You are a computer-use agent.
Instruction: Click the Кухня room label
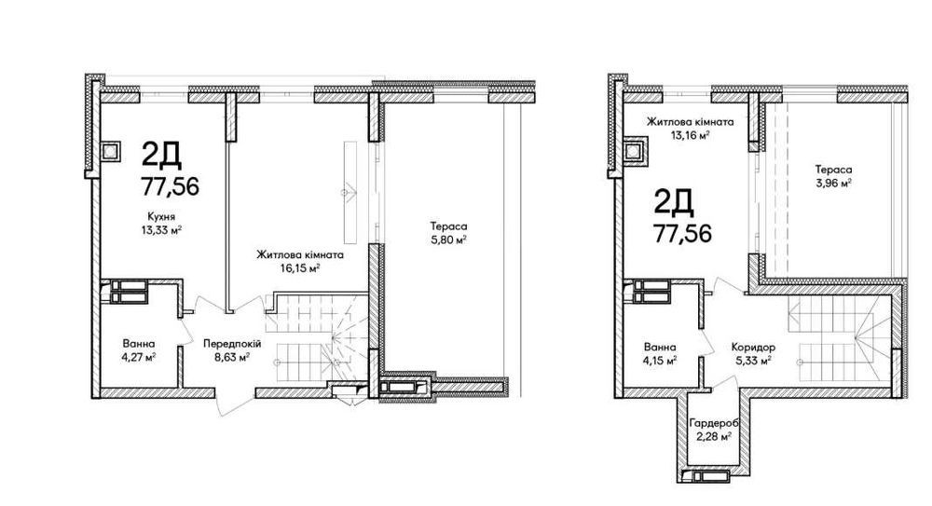pyautogui.click(x=161, y=216)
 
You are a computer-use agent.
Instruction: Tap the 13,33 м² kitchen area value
pyautogui.click(x=161, y=230)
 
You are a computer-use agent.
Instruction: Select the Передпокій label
pyautogui.click(x=232, y=344)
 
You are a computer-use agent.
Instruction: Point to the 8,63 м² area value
pyautogui.click(x=232, y=357)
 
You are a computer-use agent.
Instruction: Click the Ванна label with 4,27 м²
pyautogui.click(x=139, y=344)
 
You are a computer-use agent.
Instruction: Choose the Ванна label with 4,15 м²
pyautogui.click(x=660, y=347)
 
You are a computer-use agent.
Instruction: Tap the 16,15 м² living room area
pyautogui.click(x=300, y=268)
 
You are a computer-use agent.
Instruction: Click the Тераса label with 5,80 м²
pyautogui.click(x=449, y=226)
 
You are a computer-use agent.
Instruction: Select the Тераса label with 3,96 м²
pyautogui.click(x=833, y=170)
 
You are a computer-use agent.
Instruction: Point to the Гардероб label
pyautogui.click(x=714, y=423)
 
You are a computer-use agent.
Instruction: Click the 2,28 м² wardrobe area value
pyautogui.click(x=714, y=436)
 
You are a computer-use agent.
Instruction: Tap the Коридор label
pyautogui.click(x=753, y=347)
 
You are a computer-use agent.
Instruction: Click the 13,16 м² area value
pyautogui.click(x=690, y=135)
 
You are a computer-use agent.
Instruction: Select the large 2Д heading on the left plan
pyautogui.click(x=161, y=155)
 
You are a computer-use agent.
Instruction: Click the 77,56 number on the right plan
pyautogui.click(x=682, y=234)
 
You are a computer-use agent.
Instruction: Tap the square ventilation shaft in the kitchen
pyautogui.click(x=111, y=152)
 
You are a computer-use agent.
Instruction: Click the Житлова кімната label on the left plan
pyautogui.click(x=300, y=255)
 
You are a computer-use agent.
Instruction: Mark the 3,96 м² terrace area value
pyautogui.click(x=833, y=184)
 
